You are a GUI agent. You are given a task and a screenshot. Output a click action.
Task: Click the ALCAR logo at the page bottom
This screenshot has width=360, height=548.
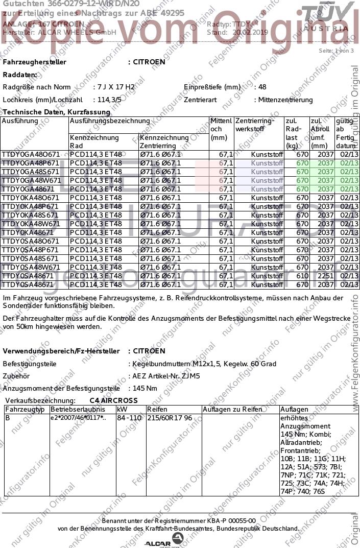(164, 541)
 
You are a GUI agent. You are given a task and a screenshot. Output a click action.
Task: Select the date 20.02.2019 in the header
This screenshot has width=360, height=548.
(250, 32)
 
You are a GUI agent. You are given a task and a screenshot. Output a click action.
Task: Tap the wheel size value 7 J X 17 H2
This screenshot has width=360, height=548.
(116, 87)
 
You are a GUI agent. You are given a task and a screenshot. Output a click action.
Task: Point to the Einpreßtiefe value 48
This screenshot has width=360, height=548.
(262, 87)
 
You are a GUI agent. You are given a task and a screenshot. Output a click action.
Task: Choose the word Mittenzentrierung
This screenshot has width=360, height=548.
(285, 100)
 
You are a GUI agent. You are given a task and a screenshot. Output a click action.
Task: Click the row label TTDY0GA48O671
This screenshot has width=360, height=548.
(31, 154)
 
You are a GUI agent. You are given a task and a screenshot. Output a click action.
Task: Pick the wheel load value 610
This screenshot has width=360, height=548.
(302, 276)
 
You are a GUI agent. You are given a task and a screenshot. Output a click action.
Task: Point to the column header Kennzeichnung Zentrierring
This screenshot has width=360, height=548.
(164, 141)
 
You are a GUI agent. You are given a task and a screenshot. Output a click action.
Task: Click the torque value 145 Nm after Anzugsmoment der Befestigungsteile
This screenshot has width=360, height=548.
(145, 388)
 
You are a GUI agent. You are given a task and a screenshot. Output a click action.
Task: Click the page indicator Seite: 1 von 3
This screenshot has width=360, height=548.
(332, 51)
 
